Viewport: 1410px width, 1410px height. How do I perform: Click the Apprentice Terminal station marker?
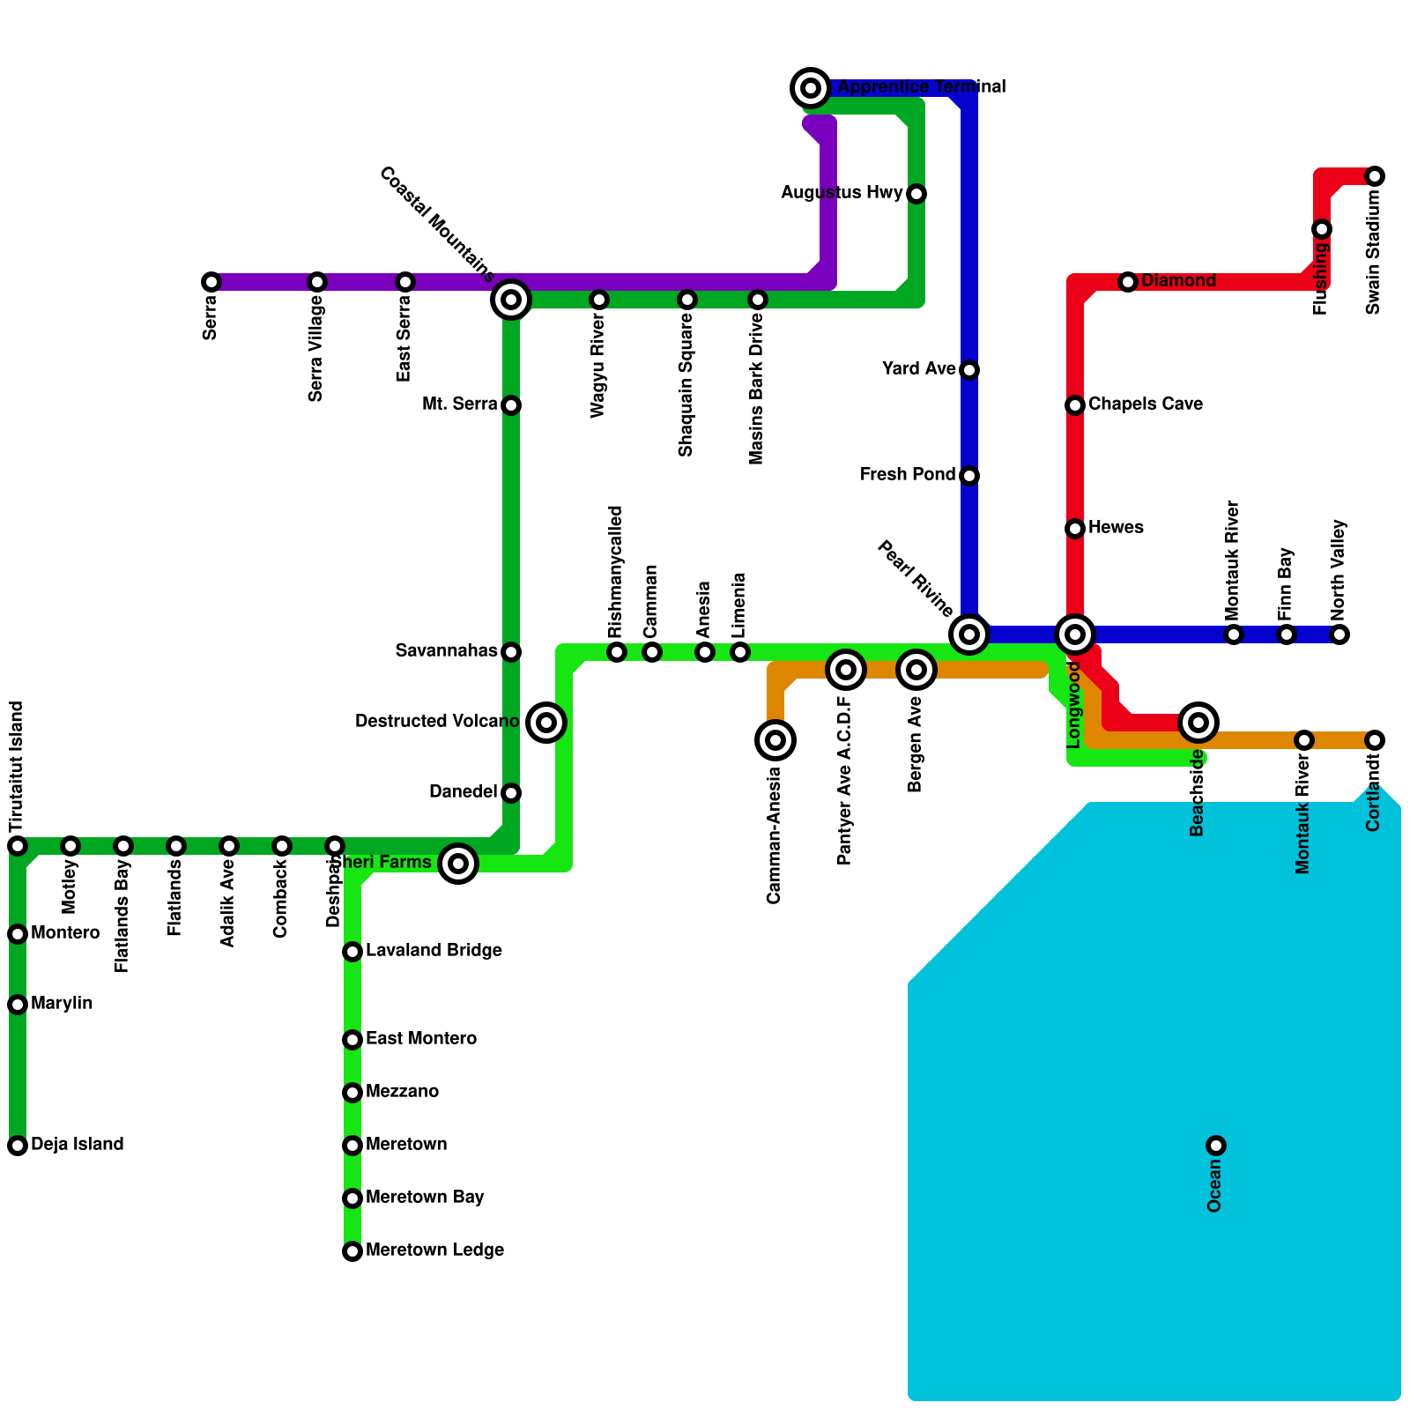click(811, 87)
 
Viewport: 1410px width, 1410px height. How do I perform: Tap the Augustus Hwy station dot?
click(916, 194)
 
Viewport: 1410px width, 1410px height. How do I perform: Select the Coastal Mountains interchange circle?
click(511, 300)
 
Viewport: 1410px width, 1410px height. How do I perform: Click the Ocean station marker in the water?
click(1216, 1146)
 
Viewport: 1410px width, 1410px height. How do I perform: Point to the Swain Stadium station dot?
click(1375, 176)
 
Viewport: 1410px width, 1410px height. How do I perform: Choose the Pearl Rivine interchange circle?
click(969, 634)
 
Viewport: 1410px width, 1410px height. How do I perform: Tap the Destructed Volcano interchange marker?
click(546, 723)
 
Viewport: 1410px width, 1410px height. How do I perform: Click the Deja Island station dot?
click(18, 1146)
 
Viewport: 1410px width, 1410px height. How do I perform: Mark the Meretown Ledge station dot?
click(352, 1251)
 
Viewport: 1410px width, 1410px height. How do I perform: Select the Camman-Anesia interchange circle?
click(775, 740)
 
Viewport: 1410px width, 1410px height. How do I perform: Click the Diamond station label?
click(1178, 281)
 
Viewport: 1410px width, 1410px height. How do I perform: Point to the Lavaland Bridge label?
click(434, 951)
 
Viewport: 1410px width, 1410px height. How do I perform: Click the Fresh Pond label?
click(908, 475)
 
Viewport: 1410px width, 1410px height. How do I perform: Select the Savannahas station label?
click(446, 651)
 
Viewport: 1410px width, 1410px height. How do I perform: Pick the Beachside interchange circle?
click(1198, 723)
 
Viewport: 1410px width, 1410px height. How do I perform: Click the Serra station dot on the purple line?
click(211, 282)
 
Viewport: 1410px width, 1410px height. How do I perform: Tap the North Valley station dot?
click(1339, 634)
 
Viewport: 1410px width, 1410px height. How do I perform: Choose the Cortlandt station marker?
click(1375, 740)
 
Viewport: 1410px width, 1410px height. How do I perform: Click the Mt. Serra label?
click(460, 404)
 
